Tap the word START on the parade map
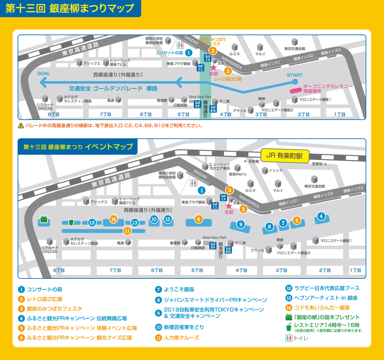tap(295, 75)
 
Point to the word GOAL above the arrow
tap(44, 74)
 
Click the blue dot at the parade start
tap(295, 82)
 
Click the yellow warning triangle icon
tap(21, 126)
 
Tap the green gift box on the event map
tap(44, 219)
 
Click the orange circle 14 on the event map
tap(114, 219)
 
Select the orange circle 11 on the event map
tap(127, 230)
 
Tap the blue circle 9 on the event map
tap(241, 224)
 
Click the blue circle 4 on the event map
tap(320, 216)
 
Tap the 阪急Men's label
tap(238, 174)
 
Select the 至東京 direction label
tap(319, 164)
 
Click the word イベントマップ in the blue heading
tap(109, 147)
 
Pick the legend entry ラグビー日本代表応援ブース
tap(326, 288)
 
